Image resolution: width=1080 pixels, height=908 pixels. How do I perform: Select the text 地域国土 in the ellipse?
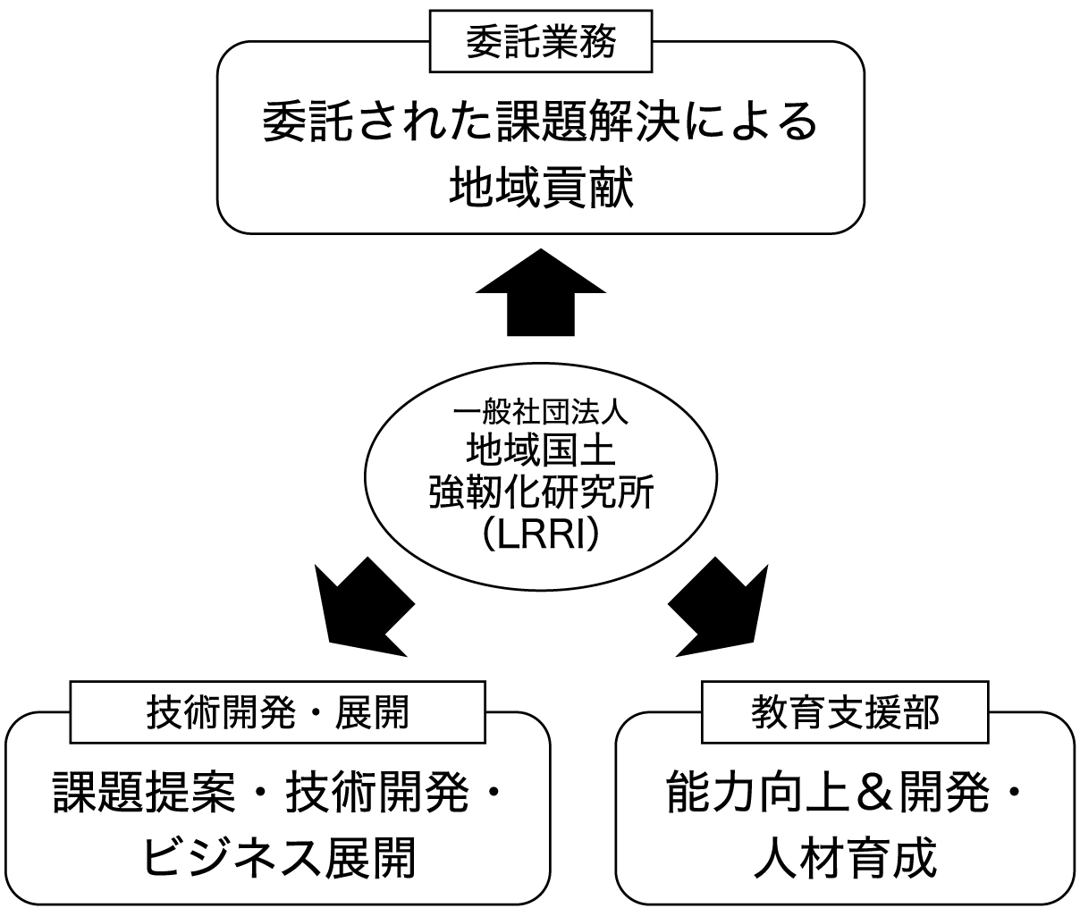[x=541, y=450]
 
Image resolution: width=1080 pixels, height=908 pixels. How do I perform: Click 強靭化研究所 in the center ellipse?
[x=541, y=492]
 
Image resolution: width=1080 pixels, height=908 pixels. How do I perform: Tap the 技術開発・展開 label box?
[x=277, y=712]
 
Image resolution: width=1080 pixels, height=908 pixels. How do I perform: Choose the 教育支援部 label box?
[x=845, y=712]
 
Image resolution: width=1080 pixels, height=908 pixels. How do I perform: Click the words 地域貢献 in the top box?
[x=541, y=189]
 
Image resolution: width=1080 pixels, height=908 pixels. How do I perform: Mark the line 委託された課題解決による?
[x=541, y=122]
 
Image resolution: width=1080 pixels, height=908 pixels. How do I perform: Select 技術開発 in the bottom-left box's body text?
[x=376, y=792]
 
